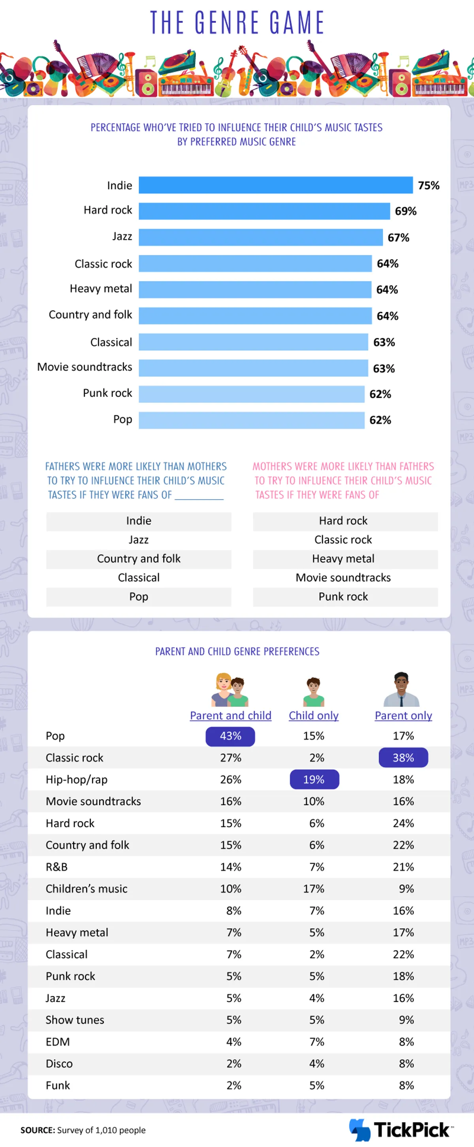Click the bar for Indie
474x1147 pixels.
coord(275,185)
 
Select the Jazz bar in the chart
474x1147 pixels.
coord(260,237)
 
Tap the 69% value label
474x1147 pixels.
coord(405,211)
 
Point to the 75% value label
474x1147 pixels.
coord(428,185)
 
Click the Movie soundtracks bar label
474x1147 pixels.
coord(85,367)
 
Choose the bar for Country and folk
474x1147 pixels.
coord(255,316)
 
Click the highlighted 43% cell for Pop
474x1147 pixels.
coord(230,736)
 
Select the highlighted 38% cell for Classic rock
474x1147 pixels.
coord(403,758)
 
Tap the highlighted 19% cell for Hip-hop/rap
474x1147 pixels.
coord(314,780)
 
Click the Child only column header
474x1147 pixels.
coord(313,716)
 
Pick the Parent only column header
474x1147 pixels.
coord(403,716)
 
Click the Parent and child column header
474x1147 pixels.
coord(231,716)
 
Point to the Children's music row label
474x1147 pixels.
coord(87,889)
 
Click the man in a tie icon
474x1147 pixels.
coord(401,690)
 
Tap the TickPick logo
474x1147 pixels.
coord(401,1130)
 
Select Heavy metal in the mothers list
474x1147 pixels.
coord(343,559)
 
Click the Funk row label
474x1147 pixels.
coord(58,1085)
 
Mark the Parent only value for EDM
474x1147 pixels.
coord(406,1042)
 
